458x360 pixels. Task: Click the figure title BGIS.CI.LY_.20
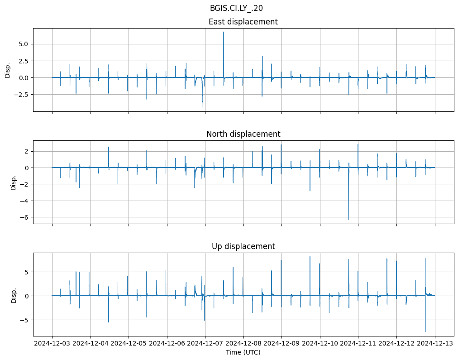click(243, 8)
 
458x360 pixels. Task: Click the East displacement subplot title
click(243, 22)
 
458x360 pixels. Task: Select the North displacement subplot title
click(243, 134)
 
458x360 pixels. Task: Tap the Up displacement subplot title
click(243, 246)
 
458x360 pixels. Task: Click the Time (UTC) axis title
click(243, 352)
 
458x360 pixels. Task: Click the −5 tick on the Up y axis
click(24, 320)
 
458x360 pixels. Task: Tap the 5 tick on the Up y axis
click(26, 272)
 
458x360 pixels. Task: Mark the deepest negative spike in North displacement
click(348, 219)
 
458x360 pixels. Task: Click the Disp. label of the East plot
click(8, 70)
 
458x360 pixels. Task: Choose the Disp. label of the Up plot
click(14, 295)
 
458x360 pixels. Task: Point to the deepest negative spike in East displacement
click(202, 107)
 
